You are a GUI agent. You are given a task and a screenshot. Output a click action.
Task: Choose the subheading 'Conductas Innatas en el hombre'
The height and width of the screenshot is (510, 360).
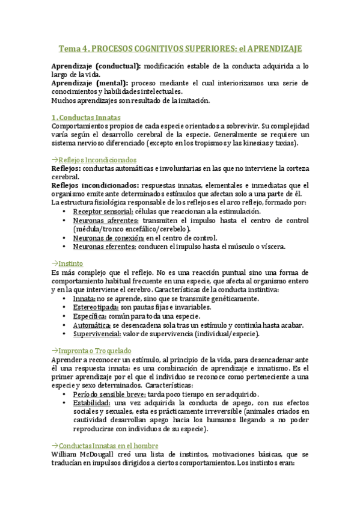106,446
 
